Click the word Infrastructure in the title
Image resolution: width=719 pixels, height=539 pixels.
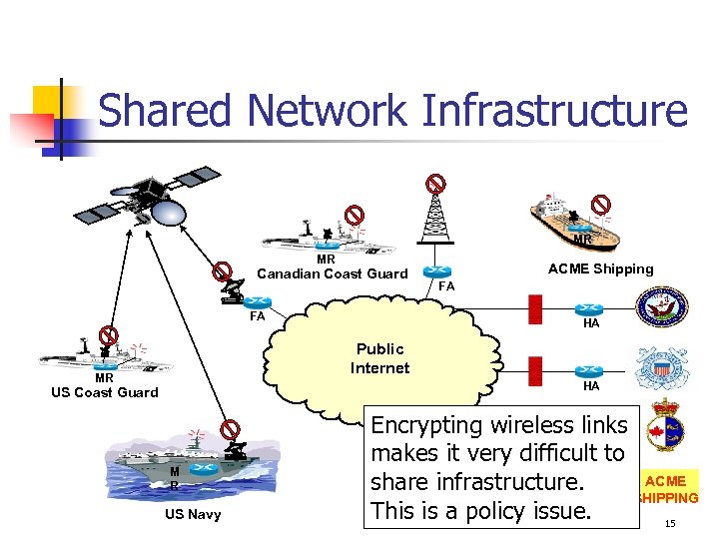coord(555,109)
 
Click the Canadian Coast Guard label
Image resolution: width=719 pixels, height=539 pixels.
coord(332,273)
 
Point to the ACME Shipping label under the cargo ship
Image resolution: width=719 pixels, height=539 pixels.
coord(600,269)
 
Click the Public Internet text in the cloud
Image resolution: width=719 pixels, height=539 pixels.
coord(379,358)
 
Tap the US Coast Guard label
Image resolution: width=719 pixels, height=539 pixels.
coord(104,392)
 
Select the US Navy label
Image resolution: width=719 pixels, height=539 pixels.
coord(193,514)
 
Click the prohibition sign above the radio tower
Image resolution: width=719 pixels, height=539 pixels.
coord(435,184)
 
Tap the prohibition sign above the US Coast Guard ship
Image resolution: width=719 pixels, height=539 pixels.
coord(109,335)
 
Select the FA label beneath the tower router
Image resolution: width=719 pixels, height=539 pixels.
coord(446,286)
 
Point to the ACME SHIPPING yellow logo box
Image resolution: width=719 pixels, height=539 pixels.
coord(670,489)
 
